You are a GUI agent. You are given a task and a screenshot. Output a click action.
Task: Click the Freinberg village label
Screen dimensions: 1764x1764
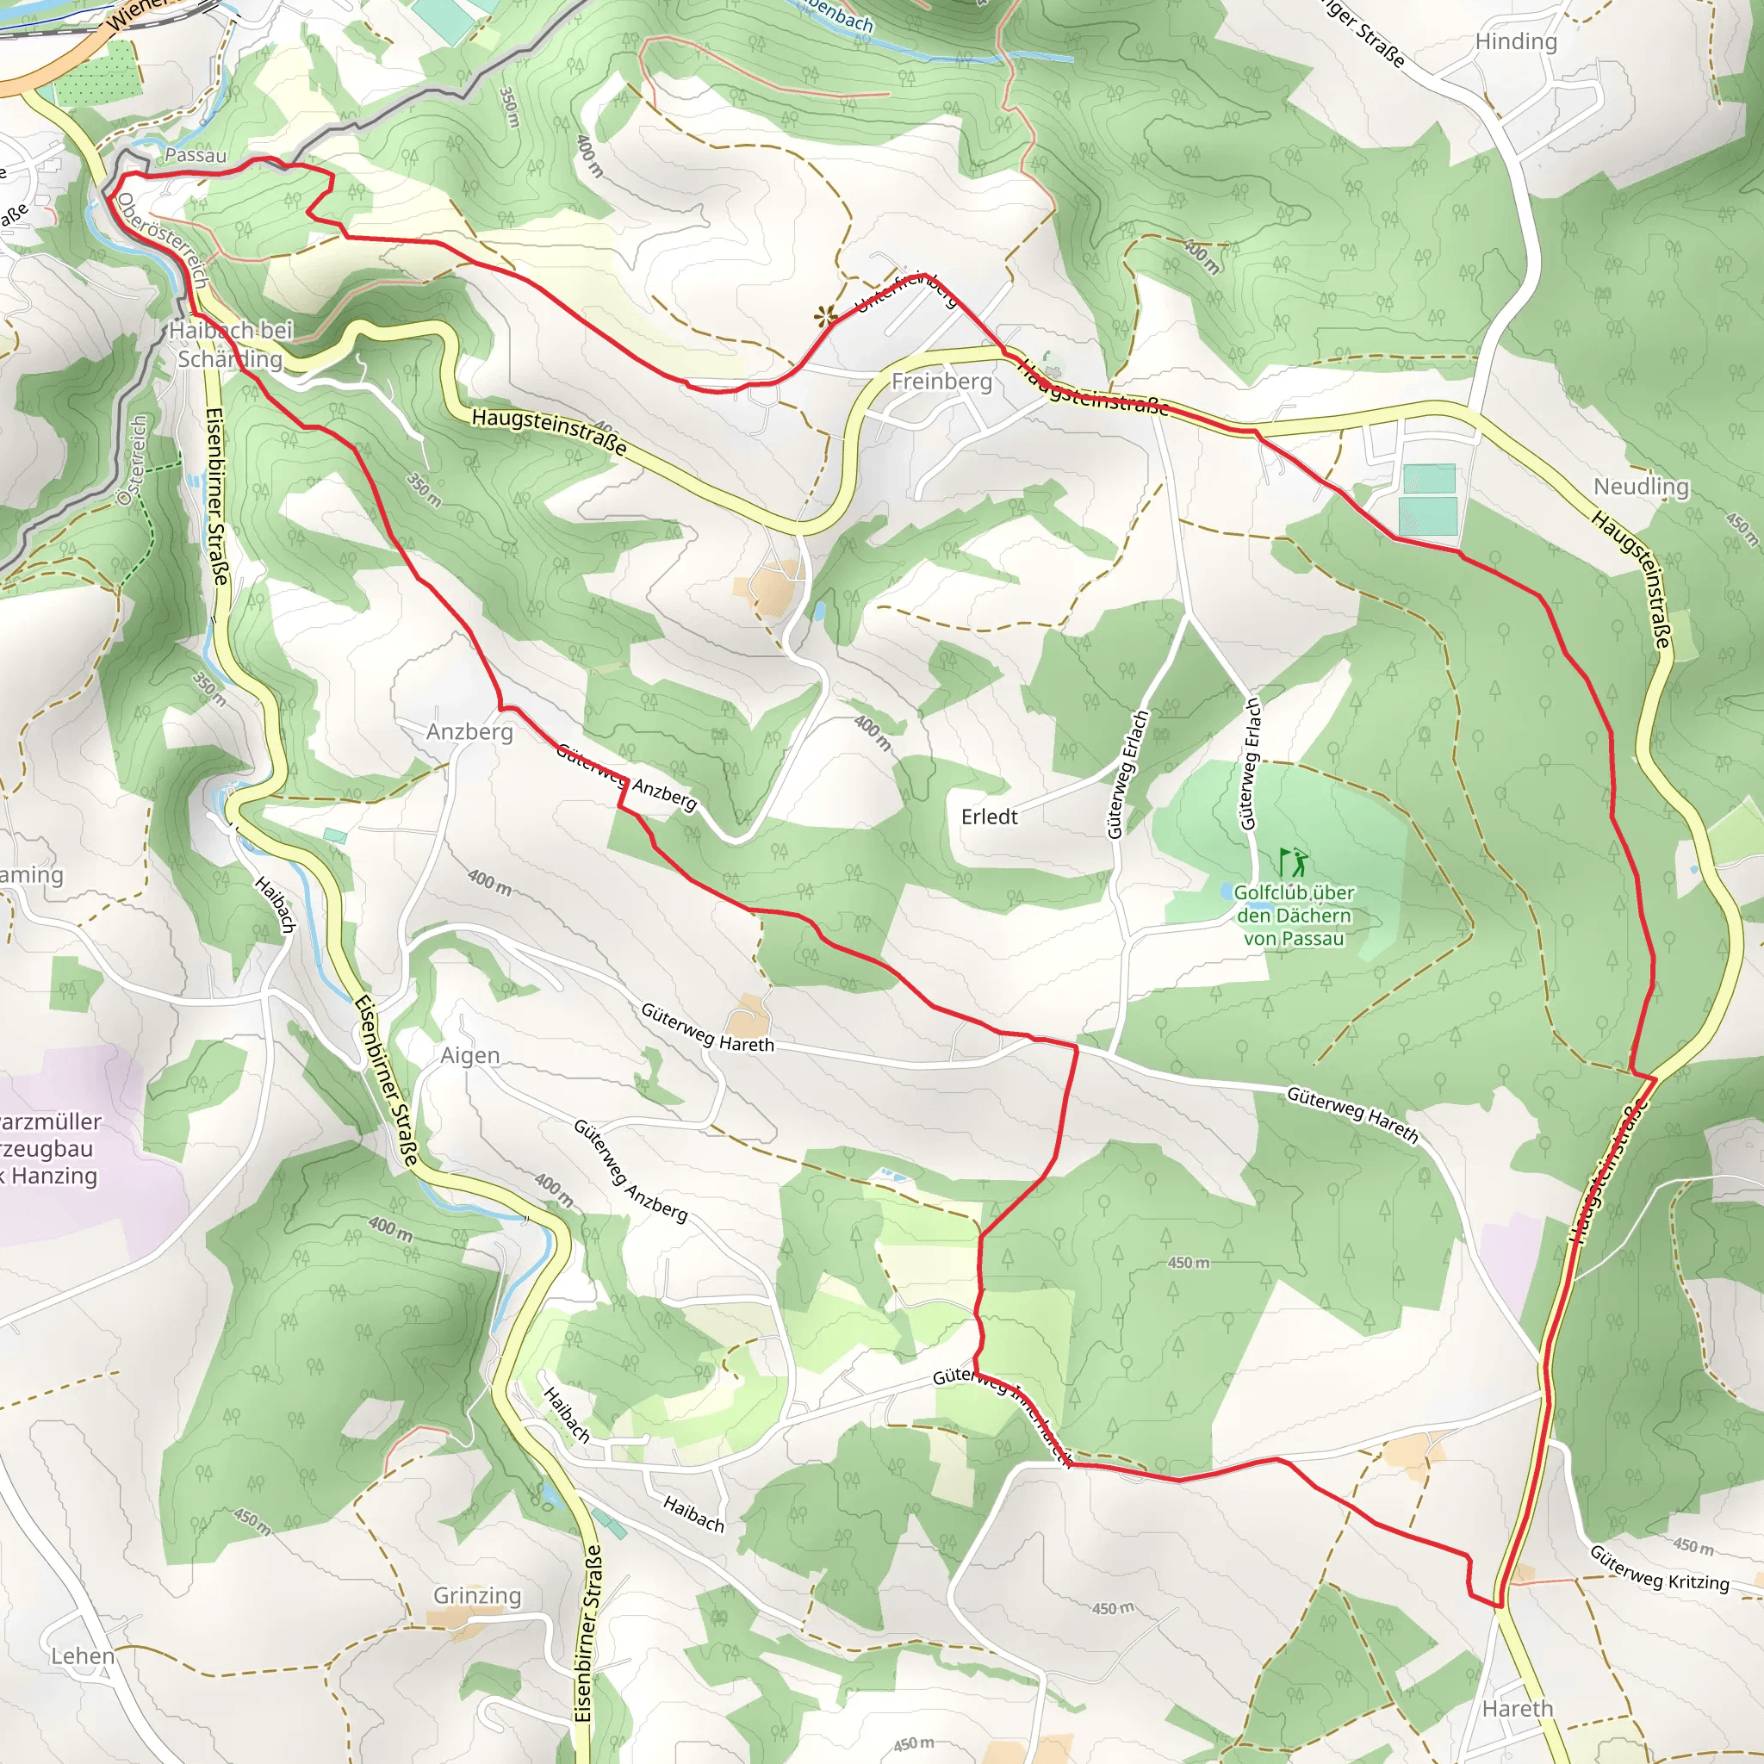pos(941,381)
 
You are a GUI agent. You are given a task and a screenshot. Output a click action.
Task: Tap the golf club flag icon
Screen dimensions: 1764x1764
pos(1293,862)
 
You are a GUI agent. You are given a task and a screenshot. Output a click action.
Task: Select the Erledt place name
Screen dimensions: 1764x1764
pos(989,817)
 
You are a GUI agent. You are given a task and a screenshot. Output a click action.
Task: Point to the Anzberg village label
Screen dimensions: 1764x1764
pos(469,731)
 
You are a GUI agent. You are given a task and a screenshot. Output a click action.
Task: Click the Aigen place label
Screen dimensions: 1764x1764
pos(470,1055)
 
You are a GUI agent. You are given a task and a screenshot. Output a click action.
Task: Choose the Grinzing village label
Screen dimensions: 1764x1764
pos(476,1595)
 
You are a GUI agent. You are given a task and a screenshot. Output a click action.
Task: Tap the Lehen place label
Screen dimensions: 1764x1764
pos(82,1655)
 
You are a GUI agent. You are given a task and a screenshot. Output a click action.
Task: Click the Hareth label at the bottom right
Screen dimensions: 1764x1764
pos(1517,1708)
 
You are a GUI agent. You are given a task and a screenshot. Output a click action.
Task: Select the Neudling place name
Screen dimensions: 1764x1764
pos(1641,487)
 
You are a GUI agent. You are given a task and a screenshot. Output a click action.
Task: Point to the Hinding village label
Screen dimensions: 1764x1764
pos(1516,41)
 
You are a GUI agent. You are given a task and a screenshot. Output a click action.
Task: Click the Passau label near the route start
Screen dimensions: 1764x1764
pos(196,155)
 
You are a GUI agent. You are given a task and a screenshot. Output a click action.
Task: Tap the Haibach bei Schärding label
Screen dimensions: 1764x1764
pos(230,345)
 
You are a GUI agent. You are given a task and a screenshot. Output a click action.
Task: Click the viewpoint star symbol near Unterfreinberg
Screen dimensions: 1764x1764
pos(825,317)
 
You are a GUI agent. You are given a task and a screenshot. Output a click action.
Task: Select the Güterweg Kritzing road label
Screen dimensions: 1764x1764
pos(1659,1568)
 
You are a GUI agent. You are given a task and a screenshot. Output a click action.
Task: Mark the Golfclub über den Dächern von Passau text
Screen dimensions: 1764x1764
pos(1293,915)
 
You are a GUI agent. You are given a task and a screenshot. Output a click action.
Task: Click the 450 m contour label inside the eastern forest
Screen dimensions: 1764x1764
pos(1188,1263)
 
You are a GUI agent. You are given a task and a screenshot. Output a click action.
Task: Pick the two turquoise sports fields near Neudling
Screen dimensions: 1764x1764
pos(1427,499)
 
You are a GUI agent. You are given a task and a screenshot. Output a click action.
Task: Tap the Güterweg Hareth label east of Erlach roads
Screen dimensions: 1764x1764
pos(1351,1114)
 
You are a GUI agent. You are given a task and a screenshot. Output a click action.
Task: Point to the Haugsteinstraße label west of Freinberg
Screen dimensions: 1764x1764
pos(550,432)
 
